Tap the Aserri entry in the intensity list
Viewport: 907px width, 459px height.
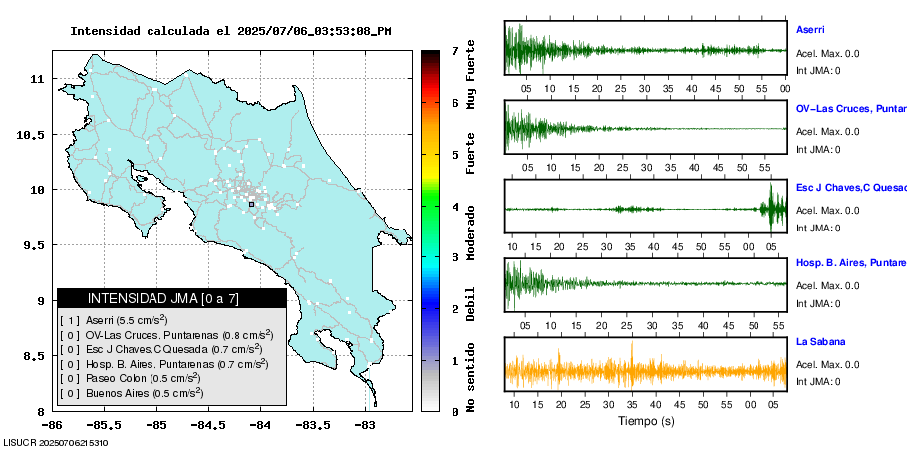point(114,320)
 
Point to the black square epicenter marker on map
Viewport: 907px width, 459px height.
point(251,204)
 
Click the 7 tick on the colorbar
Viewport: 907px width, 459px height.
point(454,50)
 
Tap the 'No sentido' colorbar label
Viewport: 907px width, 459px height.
point(471,377)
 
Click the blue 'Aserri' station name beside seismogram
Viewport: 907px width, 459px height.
point(810,30)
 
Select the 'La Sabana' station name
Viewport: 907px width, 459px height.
point(820,341)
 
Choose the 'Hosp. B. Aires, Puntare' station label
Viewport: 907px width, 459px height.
point(850,263)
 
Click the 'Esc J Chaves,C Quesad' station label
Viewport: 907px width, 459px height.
point(850,186)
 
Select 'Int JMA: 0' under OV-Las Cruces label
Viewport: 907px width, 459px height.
point(818,150)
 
